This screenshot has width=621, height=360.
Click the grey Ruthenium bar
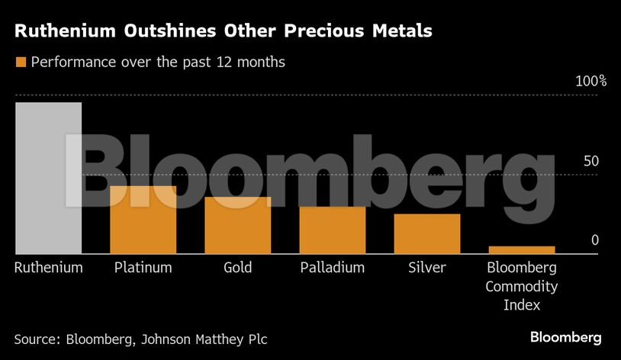(x=48, y=178)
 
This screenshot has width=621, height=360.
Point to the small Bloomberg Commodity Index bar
(x=521, y=249)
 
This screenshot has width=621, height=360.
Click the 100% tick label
(x=590, y=82)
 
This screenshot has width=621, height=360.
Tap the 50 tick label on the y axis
(x=590, y=162)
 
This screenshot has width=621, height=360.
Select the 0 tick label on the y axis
(x=595, y=241)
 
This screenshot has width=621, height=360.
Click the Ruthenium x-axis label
(x=49, y=268)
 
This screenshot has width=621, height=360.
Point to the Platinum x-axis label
(x=143, y=268)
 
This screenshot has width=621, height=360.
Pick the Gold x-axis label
(x=237, y=268)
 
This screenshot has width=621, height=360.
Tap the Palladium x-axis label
(x=332, y=268)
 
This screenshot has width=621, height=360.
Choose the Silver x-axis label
(x=426, y=268)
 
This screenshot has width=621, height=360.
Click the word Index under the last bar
(x=521, y=305)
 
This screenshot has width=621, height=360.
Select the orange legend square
(x=21, y=63)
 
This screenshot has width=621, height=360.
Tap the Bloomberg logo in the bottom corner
(x=565, y=337)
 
